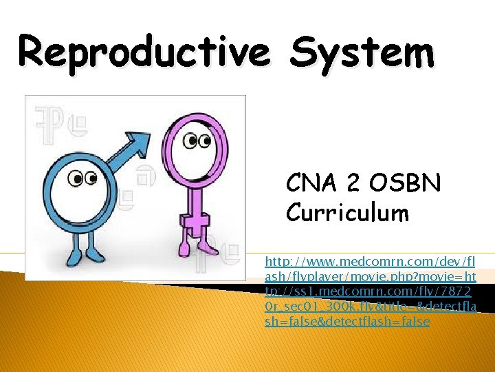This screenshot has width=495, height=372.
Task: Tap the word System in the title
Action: [x=362, y=52]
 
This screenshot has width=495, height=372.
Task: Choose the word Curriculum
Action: [x=347, y=213]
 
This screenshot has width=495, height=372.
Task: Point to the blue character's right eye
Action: [x=91, y=179]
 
